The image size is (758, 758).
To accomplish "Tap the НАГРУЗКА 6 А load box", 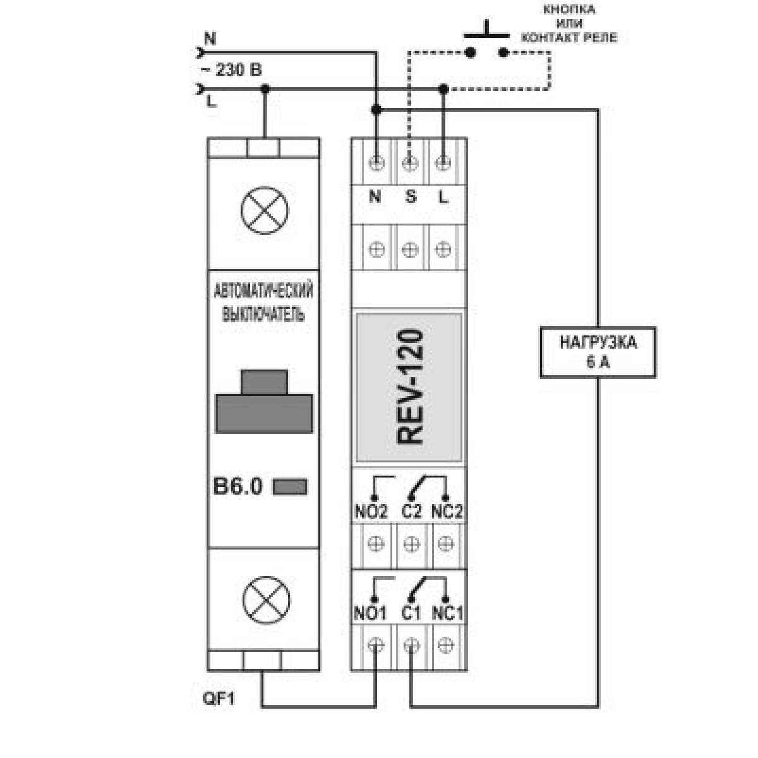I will point(598,352).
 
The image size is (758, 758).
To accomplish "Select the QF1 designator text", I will point(218,699).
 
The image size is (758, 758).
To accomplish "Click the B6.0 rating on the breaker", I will point(238,486).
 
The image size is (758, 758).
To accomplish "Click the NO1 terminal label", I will point(370,613).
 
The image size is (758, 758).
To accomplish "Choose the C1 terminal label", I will point(411,613).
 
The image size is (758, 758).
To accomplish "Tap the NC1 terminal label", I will point(447,613).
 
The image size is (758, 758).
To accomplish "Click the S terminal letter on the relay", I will point(411,196).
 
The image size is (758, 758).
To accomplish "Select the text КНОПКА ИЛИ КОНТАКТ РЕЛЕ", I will point(568,24).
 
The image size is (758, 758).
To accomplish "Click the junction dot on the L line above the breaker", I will point(265,90).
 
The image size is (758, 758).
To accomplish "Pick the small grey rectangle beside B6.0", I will point(290,487).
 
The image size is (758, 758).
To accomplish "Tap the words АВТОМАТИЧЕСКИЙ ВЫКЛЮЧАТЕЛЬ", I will point(263,303).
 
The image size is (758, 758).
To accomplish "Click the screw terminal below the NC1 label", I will point(446,645).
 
